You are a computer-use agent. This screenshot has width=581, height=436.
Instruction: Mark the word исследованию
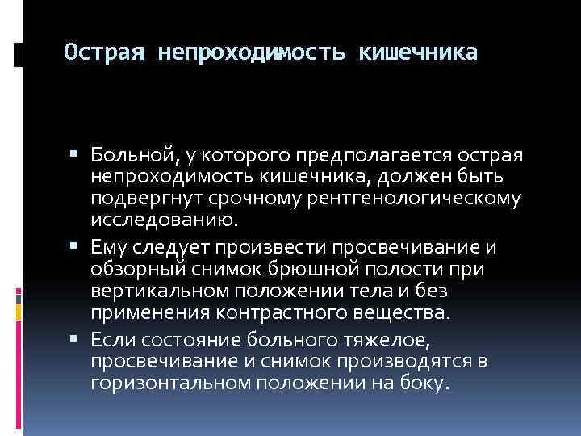(164, 218)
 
